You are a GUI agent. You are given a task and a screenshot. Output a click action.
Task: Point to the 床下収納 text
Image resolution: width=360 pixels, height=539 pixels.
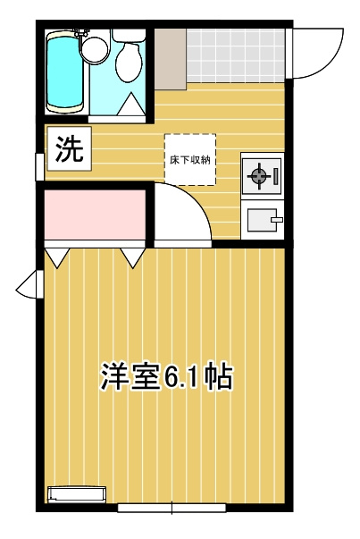pos(189,160)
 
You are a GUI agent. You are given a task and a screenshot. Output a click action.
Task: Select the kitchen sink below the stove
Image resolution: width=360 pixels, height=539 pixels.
pos(261,220)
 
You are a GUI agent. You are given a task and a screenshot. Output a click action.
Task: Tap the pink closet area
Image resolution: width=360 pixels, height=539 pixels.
pos(95,214)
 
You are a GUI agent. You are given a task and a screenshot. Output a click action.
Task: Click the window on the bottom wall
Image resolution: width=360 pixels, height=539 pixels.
pos(172,509)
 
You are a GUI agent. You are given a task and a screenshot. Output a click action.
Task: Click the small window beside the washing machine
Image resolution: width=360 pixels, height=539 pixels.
pos(39,165)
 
